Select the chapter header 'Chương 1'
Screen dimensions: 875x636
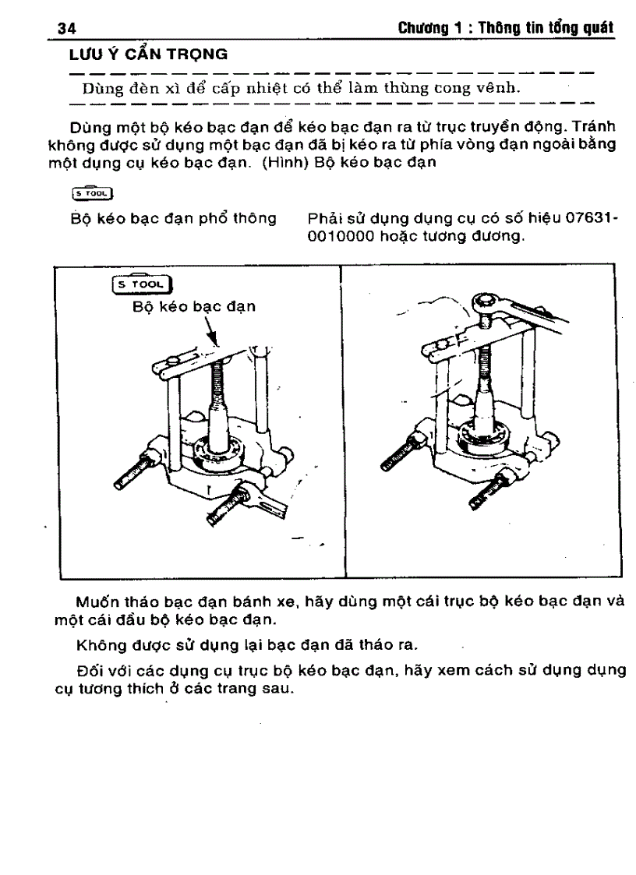click(427, 29)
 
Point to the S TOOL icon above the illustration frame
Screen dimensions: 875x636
click(93, 193)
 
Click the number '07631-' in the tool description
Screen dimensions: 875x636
click(591, 218)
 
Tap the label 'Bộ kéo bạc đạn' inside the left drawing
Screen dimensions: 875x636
click(194, 307)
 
